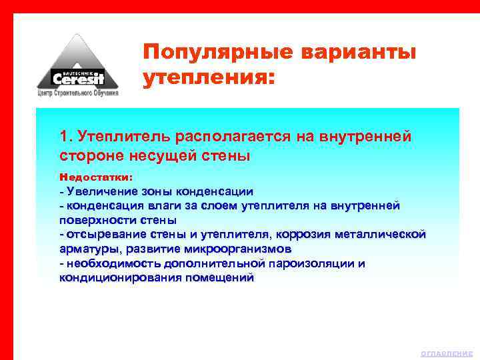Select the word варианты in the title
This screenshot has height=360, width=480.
[359, 52]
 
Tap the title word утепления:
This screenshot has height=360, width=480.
[208, 79]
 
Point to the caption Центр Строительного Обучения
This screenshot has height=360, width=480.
[77, 94]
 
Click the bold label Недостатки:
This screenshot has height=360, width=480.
[96, 178]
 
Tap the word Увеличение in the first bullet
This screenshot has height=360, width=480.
[99, 191]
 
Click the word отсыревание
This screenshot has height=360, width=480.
[101, 234]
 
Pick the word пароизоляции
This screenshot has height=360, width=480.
[306, 263]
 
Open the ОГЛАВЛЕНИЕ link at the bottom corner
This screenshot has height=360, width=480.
[446, 353]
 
